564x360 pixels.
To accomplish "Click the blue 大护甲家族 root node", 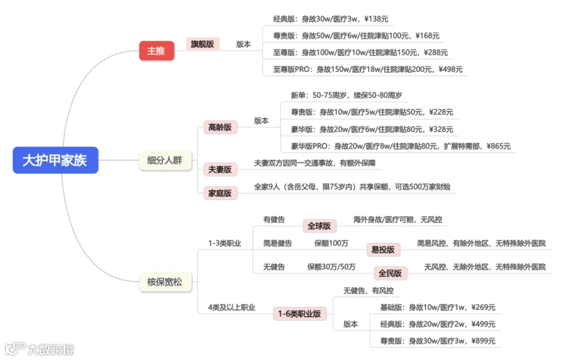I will pos(55,161).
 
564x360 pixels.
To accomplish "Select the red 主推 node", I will pos(156,51).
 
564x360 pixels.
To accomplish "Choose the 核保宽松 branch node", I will pos(164,282).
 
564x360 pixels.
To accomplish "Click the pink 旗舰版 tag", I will pos(202,44).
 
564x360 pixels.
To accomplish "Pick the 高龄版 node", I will pos(220,127).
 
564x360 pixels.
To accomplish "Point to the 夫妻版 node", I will pos(220,169).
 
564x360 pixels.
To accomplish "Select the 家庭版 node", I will pos(220,193).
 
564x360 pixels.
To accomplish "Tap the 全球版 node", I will pos(319,226).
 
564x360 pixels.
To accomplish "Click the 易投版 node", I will pos(383,250).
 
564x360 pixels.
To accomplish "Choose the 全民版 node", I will pos(390,273).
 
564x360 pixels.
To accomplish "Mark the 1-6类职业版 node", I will pos(300,314).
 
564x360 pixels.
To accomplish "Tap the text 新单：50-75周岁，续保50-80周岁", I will pos(347,95).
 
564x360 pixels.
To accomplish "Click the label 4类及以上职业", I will pos(231,307).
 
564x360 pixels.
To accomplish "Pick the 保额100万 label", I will pos(332,243).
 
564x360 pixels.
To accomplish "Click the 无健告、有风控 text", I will pos(368,290).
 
